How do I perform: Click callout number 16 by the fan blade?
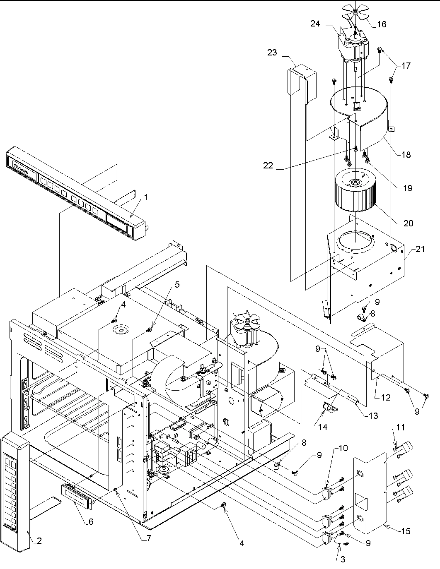coord(381,24)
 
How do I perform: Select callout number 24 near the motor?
coord(315,24)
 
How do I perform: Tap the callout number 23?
coord(272,53)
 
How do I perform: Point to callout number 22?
coord(268,165)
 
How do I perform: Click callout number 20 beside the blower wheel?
coord(408,223)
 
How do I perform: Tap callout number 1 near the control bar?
coord(145,197)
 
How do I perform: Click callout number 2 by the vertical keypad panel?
coord(39,540)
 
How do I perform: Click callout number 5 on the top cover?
coord(177,284)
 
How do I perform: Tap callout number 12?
coord(386,398)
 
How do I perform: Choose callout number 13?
coord(373,415)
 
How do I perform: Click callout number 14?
coord(322,427)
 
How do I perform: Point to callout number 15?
coord(406,531)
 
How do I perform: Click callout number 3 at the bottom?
coord(342,559)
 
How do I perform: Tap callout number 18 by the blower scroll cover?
coord(406,154)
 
